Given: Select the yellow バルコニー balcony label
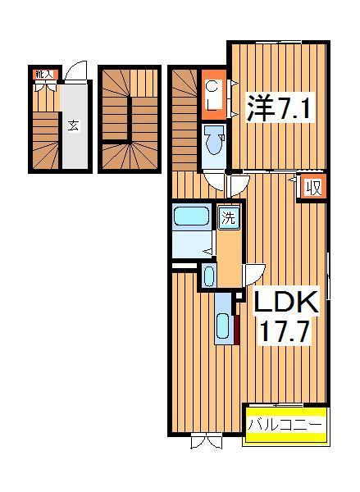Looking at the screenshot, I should click(x=286, y=426).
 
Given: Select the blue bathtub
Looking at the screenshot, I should click(x=193, y=217).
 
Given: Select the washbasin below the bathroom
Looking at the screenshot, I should click(x=208, y=276).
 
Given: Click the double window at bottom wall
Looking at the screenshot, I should click(x=206, y=441).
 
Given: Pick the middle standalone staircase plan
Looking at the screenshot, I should click(x=130, y=120).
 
